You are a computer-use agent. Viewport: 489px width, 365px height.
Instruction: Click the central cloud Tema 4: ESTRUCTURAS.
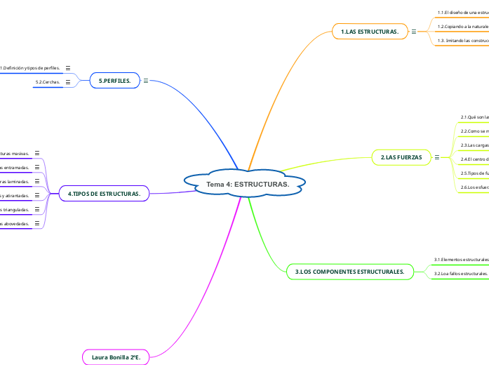click(247, 184)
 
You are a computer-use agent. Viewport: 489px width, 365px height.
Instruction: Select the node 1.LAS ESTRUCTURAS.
click(370, 32)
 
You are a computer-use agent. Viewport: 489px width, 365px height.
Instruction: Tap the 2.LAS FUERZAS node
click(401, 158)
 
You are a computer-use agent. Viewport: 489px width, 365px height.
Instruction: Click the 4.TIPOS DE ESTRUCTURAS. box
click(104, 193)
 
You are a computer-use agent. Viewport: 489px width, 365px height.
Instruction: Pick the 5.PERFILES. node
click(115, 81)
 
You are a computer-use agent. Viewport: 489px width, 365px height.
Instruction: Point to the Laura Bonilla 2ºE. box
click(116, 357)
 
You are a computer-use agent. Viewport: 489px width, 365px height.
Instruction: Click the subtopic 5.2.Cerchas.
click(48, 83)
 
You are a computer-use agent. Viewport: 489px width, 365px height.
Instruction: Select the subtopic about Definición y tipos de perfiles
click(29, 68)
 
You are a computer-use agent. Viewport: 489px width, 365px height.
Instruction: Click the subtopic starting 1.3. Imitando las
click(462, 41)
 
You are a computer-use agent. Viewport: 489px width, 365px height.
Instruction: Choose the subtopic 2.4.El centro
click(474, 159)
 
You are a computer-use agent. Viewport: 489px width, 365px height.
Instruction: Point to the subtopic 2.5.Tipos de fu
click(474, 173)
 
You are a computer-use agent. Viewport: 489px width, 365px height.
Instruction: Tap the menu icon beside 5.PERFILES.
click(146, 81)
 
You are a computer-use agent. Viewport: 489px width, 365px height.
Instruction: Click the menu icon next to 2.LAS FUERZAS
click(437, 158)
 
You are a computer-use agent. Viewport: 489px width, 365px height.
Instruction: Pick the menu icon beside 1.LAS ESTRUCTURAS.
click(414, 32)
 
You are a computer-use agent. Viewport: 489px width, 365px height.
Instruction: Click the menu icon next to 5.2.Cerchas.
click(68, 83)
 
